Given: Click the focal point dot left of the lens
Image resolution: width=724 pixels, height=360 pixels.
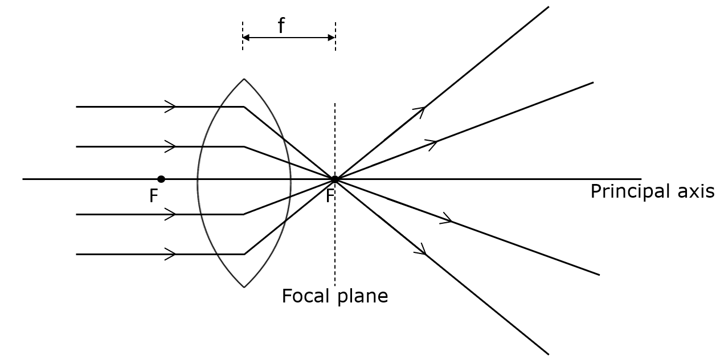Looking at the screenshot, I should point(161,179).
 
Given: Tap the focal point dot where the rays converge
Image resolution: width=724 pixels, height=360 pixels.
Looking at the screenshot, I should point(335,179).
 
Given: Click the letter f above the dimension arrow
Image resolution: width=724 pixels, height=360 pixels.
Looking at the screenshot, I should point(281,26).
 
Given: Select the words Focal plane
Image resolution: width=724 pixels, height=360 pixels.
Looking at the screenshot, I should point(334,296).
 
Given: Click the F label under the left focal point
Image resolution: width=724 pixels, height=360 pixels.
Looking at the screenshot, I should point(153,197).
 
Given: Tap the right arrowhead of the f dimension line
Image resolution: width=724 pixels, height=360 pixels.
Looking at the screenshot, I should point(332,38).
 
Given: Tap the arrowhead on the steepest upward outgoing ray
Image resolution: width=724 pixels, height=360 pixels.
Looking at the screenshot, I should point(422,109).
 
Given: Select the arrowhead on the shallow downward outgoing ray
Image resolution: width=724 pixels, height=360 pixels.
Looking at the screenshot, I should point(448,219).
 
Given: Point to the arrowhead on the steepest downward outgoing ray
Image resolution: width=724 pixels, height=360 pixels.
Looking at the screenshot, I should point(423,251).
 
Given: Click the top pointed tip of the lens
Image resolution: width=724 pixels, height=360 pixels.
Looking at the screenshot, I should point(244,79).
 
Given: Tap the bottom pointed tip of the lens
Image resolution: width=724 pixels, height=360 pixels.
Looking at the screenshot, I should point(244,287).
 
